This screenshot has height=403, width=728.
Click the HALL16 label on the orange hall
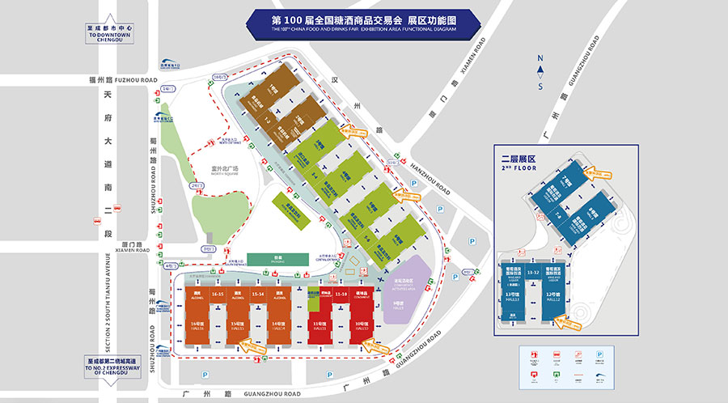click(x=197, y=327)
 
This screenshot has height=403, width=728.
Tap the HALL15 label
click(x=238, y=327)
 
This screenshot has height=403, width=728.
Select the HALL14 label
click(x=277, y=327)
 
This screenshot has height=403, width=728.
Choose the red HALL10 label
click(x=362, y=327)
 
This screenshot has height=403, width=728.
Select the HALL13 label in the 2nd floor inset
click(x=511, y=298)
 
